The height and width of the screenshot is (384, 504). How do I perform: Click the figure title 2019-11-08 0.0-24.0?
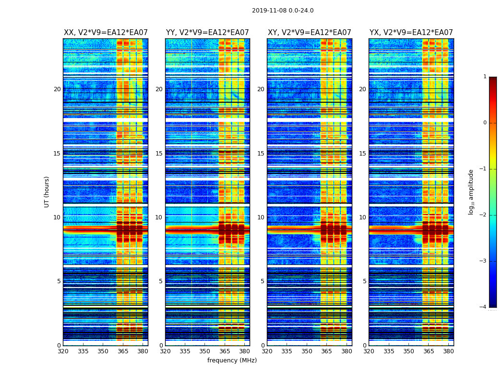point(283,11)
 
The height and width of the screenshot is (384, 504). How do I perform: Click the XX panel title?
point(106,33)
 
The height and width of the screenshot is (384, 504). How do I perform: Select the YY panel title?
point(207,33)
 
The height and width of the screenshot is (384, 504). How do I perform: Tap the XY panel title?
point(310,33)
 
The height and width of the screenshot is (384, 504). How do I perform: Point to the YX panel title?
point(411,33)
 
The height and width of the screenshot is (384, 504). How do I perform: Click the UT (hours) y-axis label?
point(47,192)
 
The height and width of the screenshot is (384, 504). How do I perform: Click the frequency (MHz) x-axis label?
point(232,360)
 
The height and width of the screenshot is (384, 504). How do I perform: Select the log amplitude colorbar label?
point(471,192)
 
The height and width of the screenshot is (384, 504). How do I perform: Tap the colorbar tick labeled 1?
point(485,77)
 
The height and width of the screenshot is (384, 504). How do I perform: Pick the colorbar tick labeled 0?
point(485,123)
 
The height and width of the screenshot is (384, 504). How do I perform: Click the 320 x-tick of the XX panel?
point(63,351)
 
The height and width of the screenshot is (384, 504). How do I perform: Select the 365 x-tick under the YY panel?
point(225,351)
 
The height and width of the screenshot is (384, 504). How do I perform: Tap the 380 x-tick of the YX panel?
point(448,351)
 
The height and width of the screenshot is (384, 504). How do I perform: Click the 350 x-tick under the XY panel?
point(307,351)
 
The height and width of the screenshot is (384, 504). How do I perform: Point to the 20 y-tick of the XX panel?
point(57,89)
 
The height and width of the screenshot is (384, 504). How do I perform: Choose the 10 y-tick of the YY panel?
point(159,217)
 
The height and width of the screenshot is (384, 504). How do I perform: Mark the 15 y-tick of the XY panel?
point(261,154)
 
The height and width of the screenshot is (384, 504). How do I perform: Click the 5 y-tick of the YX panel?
point(365,281)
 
